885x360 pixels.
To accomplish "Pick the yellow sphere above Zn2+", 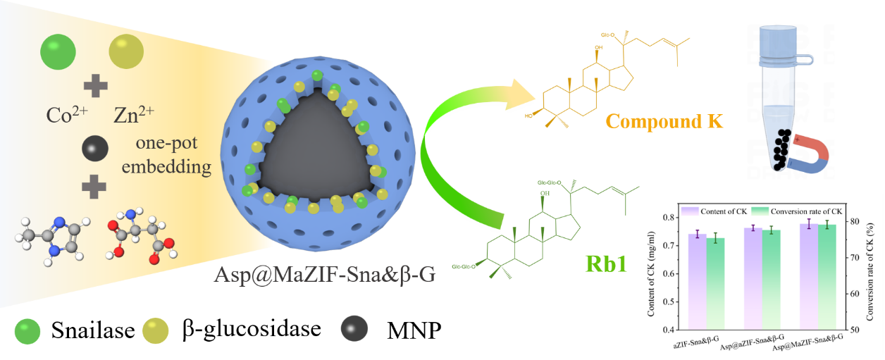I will [125, 52].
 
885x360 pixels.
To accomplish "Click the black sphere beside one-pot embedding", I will [92, 148].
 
